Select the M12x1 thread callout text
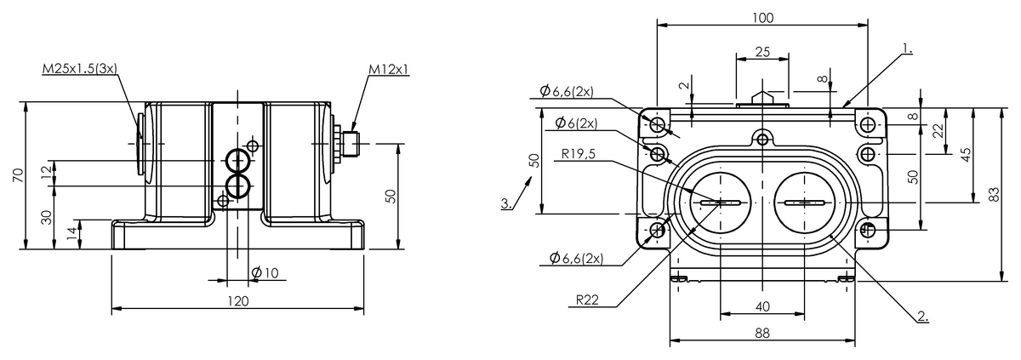[x=389, y=68]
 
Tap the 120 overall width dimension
[x=238, y=300]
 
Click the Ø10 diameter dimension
[x=265, y=272]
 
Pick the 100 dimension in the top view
[x=762, y=17]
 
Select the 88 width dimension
[x=762, y=334]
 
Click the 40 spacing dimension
[x=762, y=306]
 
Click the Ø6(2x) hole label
[x=576, y=123]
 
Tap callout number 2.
[x=922, y=317]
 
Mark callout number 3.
[x=506, y=203]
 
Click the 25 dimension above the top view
[x=762, y=52]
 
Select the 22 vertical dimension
[x=938, y=130]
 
